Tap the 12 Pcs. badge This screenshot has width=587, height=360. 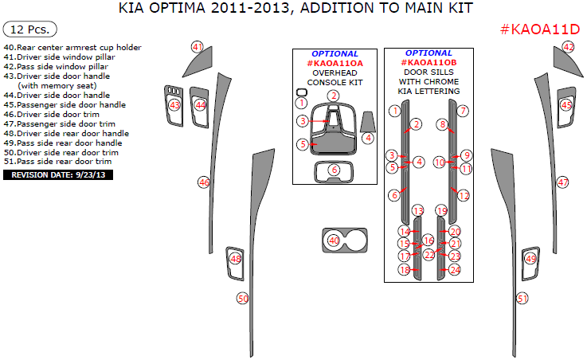pos(30,29)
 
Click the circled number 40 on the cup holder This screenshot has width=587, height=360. pos(335,240)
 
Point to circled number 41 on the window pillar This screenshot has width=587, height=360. pos(198,47)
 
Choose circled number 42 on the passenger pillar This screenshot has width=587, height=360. pos(569,47)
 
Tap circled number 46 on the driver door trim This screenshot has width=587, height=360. pos(204,182)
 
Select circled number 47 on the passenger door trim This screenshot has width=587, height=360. pos(563,182)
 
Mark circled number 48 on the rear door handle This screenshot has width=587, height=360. pos(236,258)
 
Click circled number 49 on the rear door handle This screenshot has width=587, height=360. pos(530,258)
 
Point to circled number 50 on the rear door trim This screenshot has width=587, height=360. pos(244,299)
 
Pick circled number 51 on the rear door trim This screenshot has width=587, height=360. pos(522,299)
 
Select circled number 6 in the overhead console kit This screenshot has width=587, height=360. pos(335,170)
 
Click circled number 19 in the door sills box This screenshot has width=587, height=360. pos(442,210)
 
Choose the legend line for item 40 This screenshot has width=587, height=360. pos(72,48)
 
